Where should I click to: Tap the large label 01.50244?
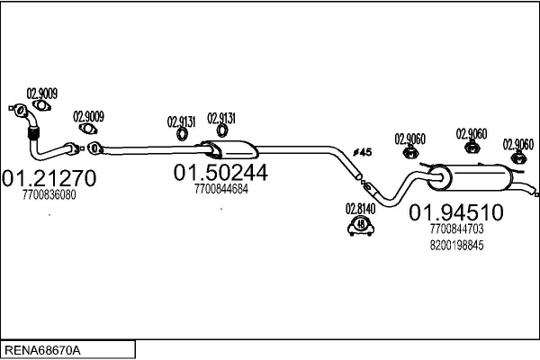coord(221,173)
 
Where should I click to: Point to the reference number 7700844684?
coord(220,189)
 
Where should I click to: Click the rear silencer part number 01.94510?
coord(456,213)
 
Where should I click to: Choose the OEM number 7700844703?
coord(456,230)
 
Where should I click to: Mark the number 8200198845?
coord(456,246)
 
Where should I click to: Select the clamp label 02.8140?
coord(360,208)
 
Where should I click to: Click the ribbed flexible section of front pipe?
coord(33,134)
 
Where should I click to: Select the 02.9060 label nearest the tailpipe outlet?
coord(517,143)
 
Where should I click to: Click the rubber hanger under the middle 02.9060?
coord(470,148)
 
